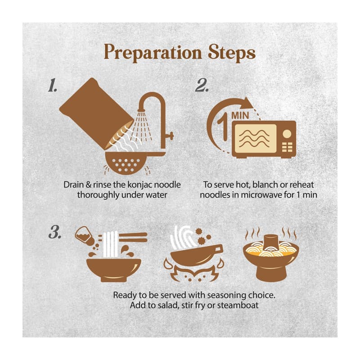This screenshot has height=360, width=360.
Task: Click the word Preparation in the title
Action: pos(153,52)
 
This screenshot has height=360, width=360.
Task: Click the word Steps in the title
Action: pos(232,53)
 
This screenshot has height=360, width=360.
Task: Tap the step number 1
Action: pos(53,85)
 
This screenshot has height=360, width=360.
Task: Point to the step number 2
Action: pos(202,85)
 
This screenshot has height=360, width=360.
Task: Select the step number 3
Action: pos(55,232)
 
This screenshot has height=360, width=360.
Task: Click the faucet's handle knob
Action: pos(171,135)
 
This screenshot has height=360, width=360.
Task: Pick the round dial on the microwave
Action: pos(287,133)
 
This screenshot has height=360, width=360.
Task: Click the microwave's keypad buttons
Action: pos(287,147)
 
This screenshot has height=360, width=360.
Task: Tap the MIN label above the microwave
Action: pos(240,115)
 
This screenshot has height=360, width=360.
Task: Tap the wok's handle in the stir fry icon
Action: pos(216,249)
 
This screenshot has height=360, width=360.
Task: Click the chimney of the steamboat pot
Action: pos(271,242)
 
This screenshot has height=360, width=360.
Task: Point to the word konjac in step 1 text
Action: pos(139,185)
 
